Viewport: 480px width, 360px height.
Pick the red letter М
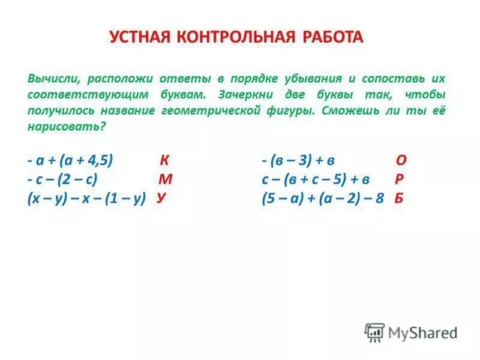tap(165, 179)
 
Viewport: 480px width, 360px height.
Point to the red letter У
tap(161, 199)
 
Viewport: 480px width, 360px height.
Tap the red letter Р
tap(398, 179)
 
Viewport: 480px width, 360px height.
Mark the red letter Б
tap(399, 199)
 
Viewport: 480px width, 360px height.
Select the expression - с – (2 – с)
tap(62, 179)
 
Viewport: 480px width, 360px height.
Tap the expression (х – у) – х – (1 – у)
tap(86, 199)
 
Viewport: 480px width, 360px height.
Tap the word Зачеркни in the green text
tap(244, 95)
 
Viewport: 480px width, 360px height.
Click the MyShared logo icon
tap(374, 332)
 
